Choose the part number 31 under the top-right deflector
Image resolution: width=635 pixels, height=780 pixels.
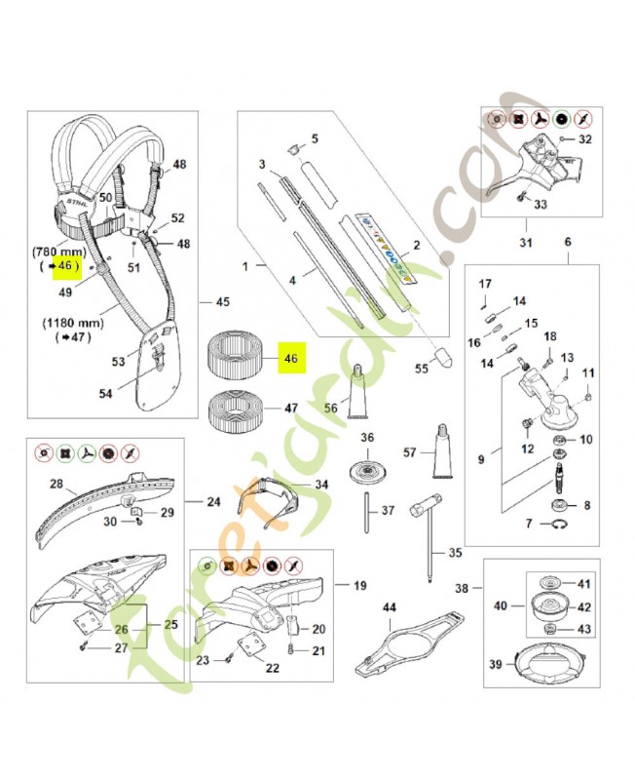pyautogui.click(x=525, y=243)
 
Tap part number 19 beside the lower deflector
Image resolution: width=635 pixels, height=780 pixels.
pyautogui.click(x=359, y=585)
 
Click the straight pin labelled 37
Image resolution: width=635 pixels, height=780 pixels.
pyautogui.click(x=371, y=510)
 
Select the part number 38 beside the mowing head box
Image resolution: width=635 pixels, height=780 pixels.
pyautogui.click(x=463, y=588)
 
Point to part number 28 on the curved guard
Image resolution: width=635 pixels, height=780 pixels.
pyautogui.click(x=56, y=484)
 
